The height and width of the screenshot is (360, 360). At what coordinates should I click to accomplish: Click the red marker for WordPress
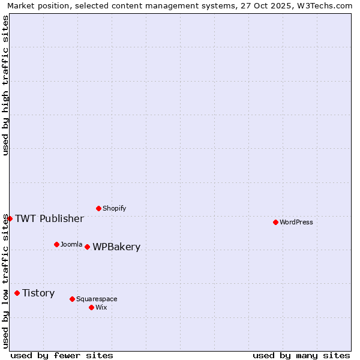(275, 222)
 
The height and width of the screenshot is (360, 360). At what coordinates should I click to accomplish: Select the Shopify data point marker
(98, 208)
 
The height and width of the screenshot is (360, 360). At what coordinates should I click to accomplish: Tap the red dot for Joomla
(56, 244)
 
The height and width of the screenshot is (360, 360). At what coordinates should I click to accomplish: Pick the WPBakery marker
(87, 247)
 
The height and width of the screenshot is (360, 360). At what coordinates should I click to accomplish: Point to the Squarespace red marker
(72, 299)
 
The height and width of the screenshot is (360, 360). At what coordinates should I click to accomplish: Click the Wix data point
(91, 307)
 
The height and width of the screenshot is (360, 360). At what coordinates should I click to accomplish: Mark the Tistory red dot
(17, 293)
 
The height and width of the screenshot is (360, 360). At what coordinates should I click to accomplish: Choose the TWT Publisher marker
(10, 218)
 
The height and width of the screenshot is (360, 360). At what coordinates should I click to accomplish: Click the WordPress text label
(296, 222)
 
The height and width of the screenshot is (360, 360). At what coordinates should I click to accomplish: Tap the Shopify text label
(115, 208)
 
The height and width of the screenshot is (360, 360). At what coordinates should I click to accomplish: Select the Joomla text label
(71, 244)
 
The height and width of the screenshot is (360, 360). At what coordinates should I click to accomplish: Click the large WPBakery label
(116, 247)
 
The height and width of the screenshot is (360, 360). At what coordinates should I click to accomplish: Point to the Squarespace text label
(97, 299)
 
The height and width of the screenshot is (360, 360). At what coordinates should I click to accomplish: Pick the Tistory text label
(38, 293)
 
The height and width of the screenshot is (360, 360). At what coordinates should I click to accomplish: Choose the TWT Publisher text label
(49, 218)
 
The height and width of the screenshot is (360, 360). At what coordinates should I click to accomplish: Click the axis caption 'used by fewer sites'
(62, 355)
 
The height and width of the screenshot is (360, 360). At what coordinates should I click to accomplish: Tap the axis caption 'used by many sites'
(301, 355)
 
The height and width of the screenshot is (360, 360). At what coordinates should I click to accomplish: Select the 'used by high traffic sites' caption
(6, 85)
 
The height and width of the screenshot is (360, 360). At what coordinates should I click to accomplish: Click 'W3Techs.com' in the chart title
(326, 5)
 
